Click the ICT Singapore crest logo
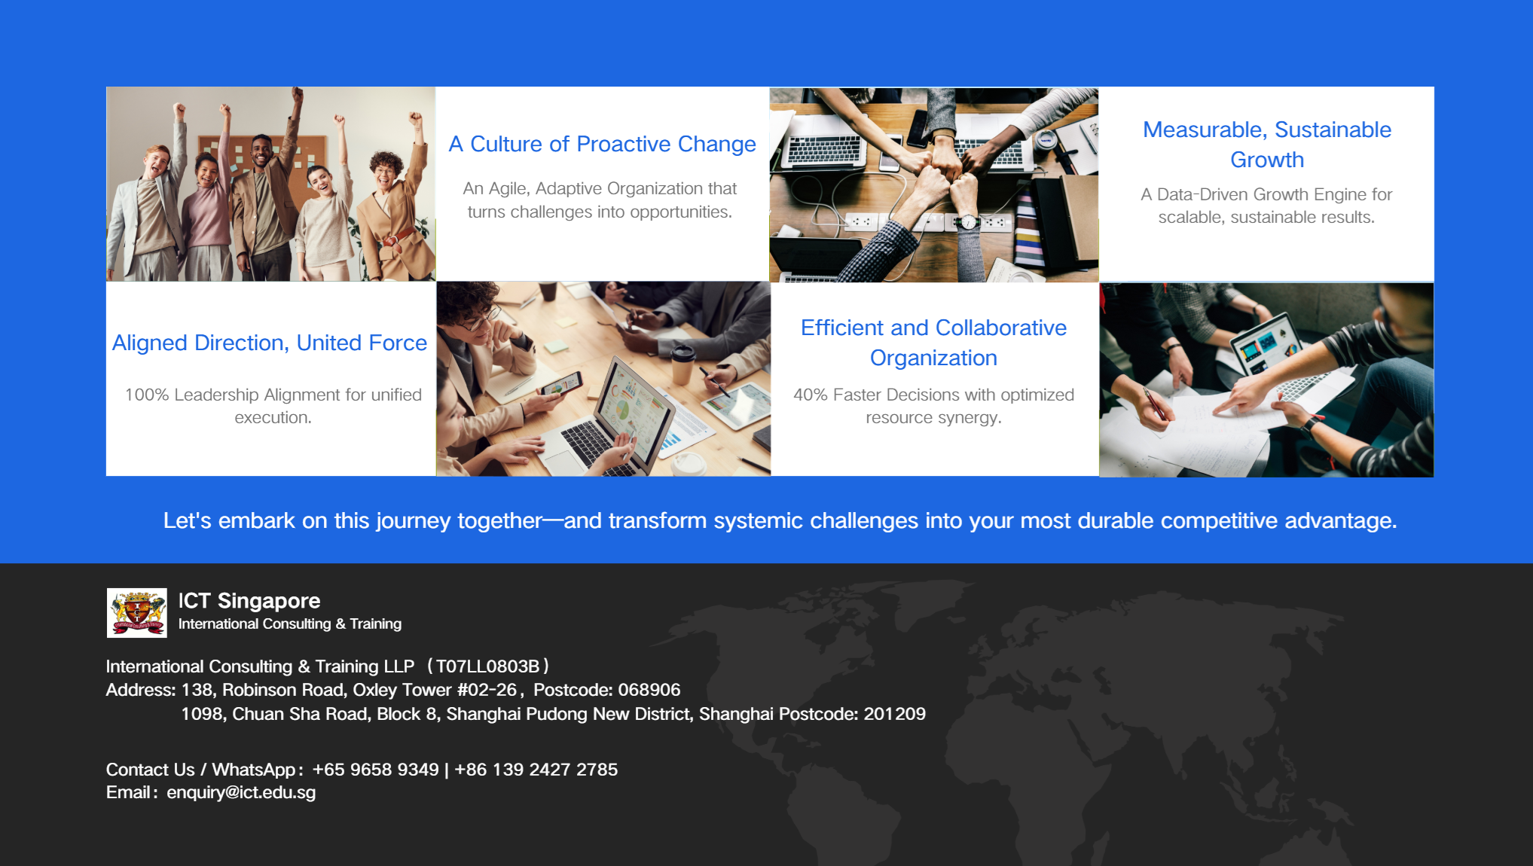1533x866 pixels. click(x=136, y=612)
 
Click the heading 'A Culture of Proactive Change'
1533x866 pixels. click(x=602, y=144)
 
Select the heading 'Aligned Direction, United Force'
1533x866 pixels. click(x=270, y=343)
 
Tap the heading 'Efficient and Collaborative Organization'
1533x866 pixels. click(x=933, y=343)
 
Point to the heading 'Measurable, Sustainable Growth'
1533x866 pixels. click(x=1266, y=145)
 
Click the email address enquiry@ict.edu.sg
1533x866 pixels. click(x=241, y=792)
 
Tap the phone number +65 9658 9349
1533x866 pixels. click(x=375, y=770)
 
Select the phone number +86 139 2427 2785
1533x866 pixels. click(x=536, y=770)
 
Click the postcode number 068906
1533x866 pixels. click(x=649, y=690)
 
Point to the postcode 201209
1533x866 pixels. click(x=894, y=714)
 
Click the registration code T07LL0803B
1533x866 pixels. click(x=487, y=666)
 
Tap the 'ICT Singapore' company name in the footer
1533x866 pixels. click(x=249, y=601)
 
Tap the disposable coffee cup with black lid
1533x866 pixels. click(x=683, y=363)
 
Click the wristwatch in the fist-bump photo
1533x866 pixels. click(x=968, y=221)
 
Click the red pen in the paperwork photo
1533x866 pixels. click(x=1154, y=404)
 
